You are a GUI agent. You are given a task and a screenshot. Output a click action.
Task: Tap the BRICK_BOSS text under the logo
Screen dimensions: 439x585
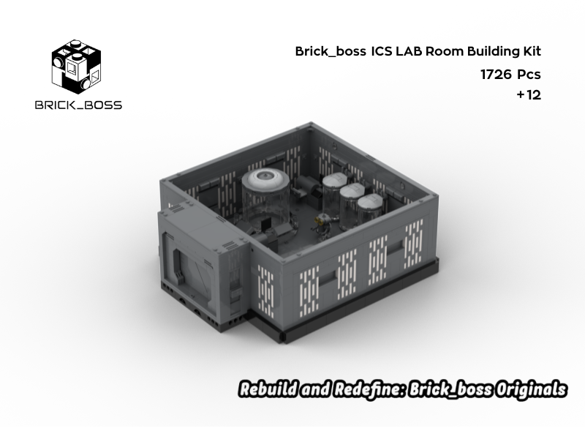point(78,105)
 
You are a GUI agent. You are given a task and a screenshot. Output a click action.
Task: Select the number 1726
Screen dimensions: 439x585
point(495,74)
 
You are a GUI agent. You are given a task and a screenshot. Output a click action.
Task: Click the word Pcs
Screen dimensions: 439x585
point(529,74)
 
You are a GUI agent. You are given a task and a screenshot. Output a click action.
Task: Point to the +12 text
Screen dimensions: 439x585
point(529,94)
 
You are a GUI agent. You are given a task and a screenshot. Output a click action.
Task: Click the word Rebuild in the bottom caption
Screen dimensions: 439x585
point(268,389)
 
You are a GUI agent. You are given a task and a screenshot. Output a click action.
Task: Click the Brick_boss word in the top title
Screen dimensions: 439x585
point(325,52)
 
